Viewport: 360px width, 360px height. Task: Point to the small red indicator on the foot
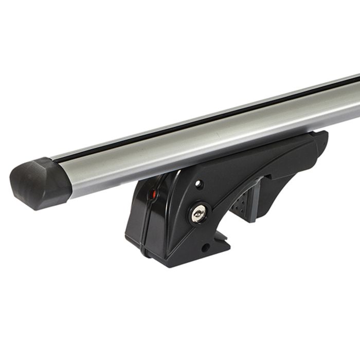coord(152,195)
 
